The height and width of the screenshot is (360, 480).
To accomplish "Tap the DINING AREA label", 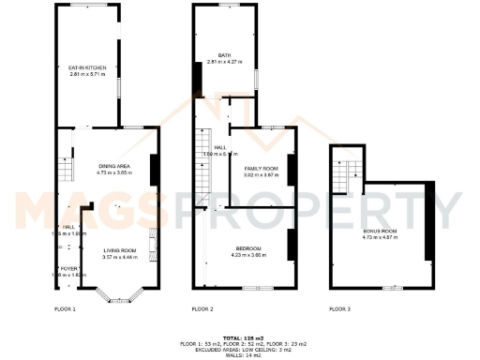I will (114, 167).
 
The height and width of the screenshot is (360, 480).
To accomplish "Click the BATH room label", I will (224, 55).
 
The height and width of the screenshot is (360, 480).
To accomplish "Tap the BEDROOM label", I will (248, 247).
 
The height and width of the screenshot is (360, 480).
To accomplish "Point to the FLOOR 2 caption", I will (202, 309).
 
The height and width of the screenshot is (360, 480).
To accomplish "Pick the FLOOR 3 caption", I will (339, 309).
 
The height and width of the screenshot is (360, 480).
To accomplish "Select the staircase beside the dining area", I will (66, 169).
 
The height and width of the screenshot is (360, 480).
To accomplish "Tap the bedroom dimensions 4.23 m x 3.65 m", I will (248, 253).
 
